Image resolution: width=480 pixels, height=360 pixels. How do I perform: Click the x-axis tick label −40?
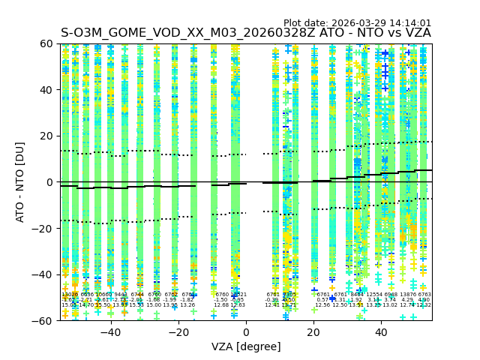(x=110, y=332)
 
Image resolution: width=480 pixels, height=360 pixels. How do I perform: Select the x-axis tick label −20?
(x=178, y=332)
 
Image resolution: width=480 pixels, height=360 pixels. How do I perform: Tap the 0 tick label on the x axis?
(x=246, y=332)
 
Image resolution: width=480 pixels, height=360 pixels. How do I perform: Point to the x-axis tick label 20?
(x=313, y=332)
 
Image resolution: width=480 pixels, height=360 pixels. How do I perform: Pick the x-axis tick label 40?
(x=381, y=332)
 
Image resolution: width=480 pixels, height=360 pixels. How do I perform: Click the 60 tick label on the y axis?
(x=46, y=43)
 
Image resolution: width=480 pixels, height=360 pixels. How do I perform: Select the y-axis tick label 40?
(x=46, y=90)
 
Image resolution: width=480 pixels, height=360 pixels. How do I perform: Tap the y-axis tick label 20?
(x=46, y=136)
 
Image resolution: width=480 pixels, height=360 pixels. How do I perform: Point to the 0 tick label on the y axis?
(x=49, y=182)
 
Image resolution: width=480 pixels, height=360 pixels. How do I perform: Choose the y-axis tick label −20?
(x=43, y=228)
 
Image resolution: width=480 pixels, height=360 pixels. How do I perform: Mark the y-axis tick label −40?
(x=43, y=274)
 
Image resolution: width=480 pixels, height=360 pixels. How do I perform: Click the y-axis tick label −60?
(x=43, y=320)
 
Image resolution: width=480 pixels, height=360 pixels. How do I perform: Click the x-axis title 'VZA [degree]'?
(x=246, y=346)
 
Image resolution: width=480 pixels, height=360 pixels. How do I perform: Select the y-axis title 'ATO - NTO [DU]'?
(x=20, y=182)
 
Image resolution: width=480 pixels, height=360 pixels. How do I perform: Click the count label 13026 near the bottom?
(x=70, y=295)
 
